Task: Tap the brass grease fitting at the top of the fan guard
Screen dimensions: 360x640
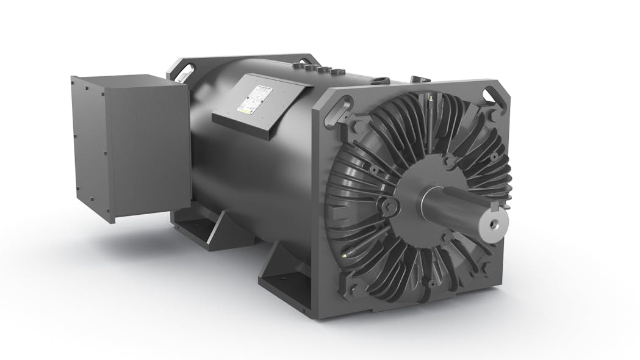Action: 431,97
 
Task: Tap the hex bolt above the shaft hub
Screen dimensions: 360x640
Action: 450,160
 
